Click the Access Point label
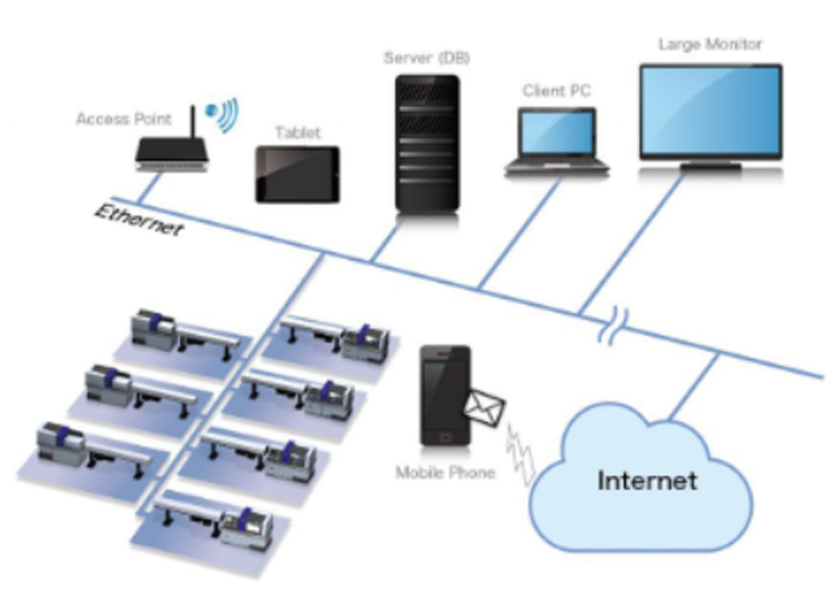click(124, 119)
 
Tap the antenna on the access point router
click(193, 122)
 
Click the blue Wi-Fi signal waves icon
click(222, 115)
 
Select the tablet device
click(298, 175)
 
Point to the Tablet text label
click(298, 133)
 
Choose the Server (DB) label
click(426, 58)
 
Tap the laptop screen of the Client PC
click(557, 134)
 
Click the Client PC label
click(556, 91)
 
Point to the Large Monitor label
click(710, 44)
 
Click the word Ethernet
click(139, 221)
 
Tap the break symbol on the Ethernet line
click(613, 325)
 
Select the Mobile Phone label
click(445, 472)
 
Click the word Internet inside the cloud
click(647, 480)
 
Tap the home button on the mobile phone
click(445, 437)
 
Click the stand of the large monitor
click(711, 167)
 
